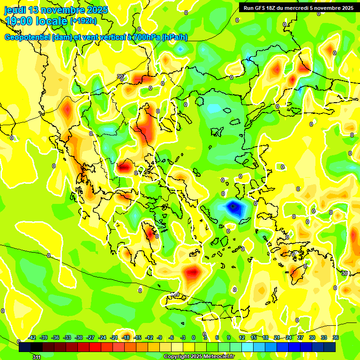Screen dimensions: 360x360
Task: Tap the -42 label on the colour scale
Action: [32, 337]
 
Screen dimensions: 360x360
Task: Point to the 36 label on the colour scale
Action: [336, 337]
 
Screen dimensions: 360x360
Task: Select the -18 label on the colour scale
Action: [126, 337]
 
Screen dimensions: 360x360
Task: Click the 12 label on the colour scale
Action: [242, 337]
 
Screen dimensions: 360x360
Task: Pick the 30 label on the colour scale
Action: [312, 337]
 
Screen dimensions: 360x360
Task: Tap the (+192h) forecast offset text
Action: [83, 21]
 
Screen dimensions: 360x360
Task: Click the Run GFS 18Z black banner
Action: [296, 7]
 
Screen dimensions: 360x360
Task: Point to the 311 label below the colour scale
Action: [37, 357]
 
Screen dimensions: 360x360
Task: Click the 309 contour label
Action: [174, 294]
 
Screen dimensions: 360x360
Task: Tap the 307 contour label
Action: [121, 76]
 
